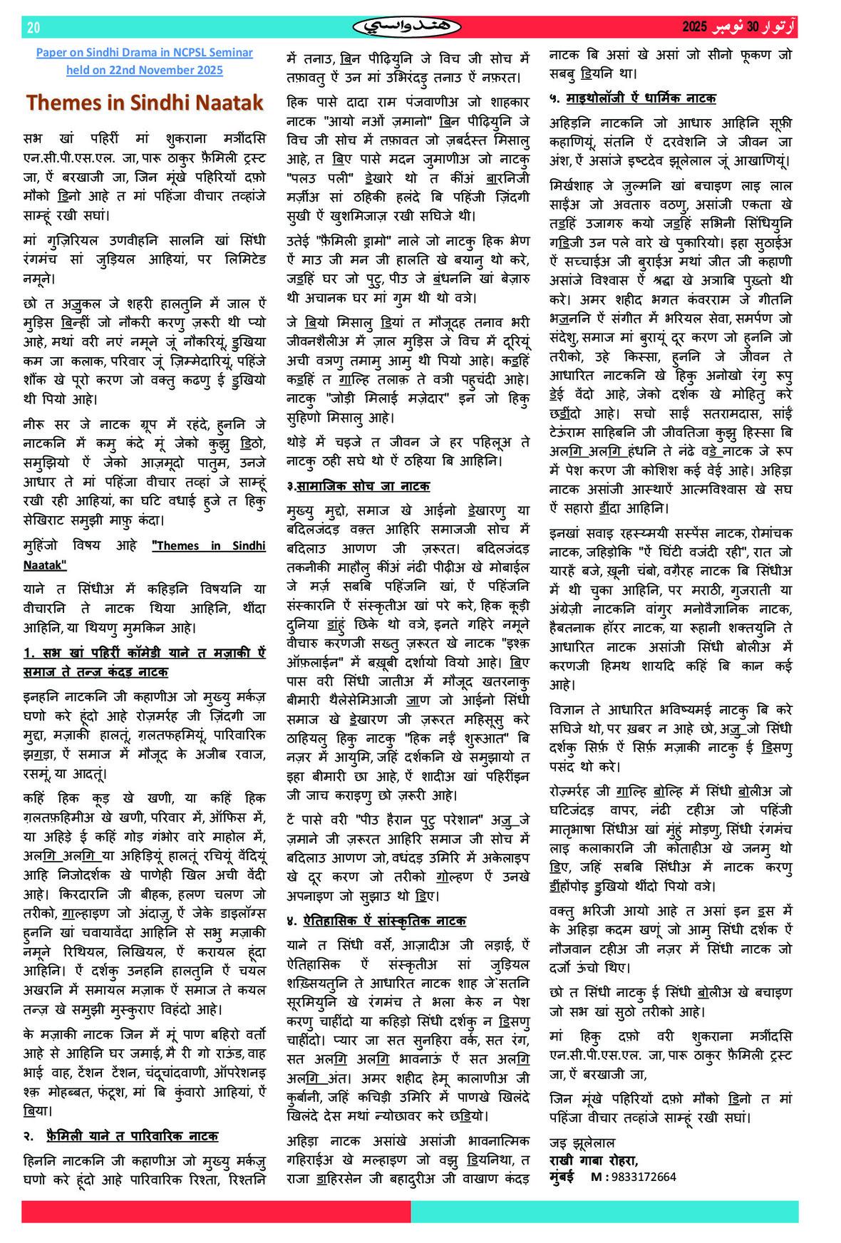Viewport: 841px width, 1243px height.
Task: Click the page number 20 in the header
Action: click(33, 28)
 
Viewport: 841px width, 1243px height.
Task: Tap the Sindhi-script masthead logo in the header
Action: click(407, 27)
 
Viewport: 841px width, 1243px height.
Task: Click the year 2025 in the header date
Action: click(694, 27)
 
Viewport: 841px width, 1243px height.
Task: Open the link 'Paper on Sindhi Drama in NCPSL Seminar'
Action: click(145, 53)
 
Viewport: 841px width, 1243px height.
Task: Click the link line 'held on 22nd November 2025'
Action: click(145, 70)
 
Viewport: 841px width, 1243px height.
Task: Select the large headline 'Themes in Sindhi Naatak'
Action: click(145, 103)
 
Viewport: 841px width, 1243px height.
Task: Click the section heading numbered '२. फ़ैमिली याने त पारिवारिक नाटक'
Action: click(121, 1136)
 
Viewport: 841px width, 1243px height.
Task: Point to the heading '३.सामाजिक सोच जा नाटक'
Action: click(358, 486)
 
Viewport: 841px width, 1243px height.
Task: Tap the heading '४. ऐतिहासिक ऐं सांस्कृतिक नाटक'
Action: click(376, 921)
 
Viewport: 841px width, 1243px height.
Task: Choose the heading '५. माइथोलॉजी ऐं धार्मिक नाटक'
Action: click(632, 98)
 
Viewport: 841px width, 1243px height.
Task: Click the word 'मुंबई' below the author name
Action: click(562, 1177)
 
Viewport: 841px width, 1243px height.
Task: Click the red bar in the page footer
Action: click(216, 1212)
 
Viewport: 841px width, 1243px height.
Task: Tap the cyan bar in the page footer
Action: click(604, 1212)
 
